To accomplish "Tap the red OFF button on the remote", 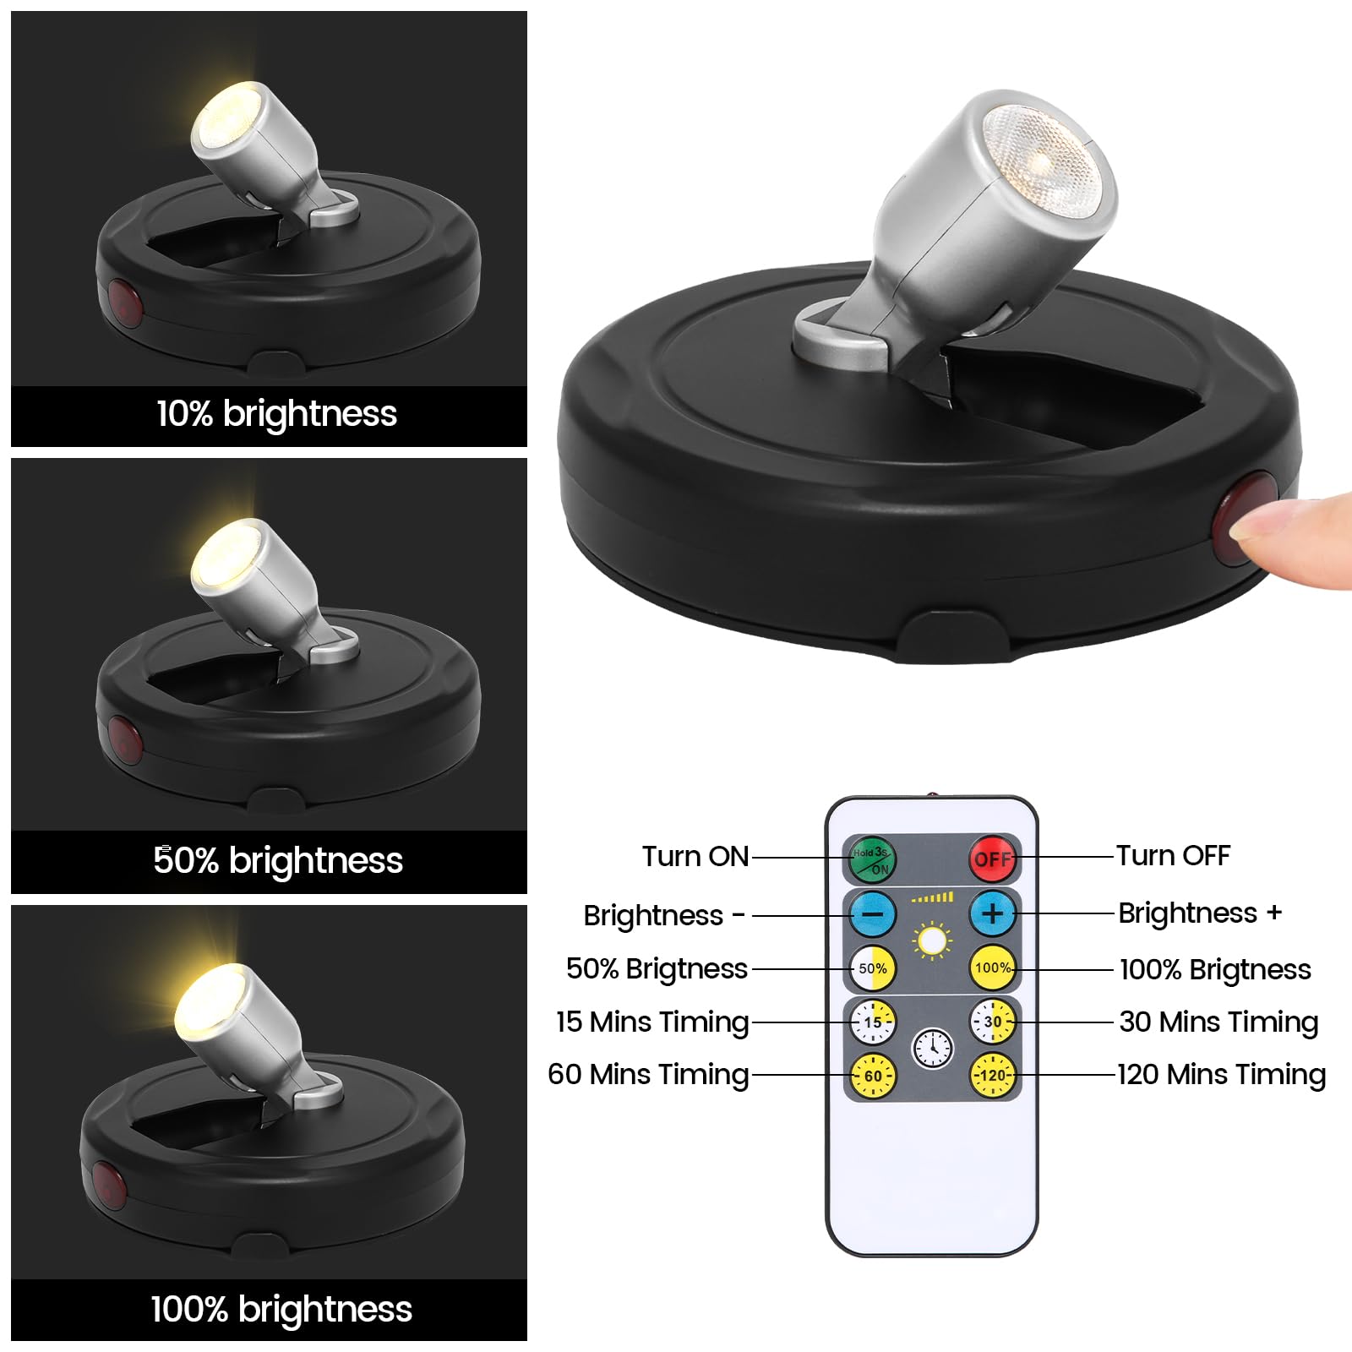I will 992,859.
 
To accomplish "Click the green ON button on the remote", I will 872,859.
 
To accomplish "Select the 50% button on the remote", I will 873,968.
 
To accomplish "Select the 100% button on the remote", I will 992,968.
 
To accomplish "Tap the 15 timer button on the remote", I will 873,1022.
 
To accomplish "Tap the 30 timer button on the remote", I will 992,1022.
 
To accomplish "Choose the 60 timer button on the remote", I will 873,1076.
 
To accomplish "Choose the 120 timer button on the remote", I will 992,1075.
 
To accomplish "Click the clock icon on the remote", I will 933,1049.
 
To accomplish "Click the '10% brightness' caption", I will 276,414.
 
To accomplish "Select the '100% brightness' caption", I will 281,1309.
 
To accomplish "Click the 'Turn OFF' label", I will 1173,855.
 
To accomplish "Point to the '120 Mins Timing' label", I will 1221,1075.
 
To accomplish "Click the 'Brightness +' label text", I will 1199,913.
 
